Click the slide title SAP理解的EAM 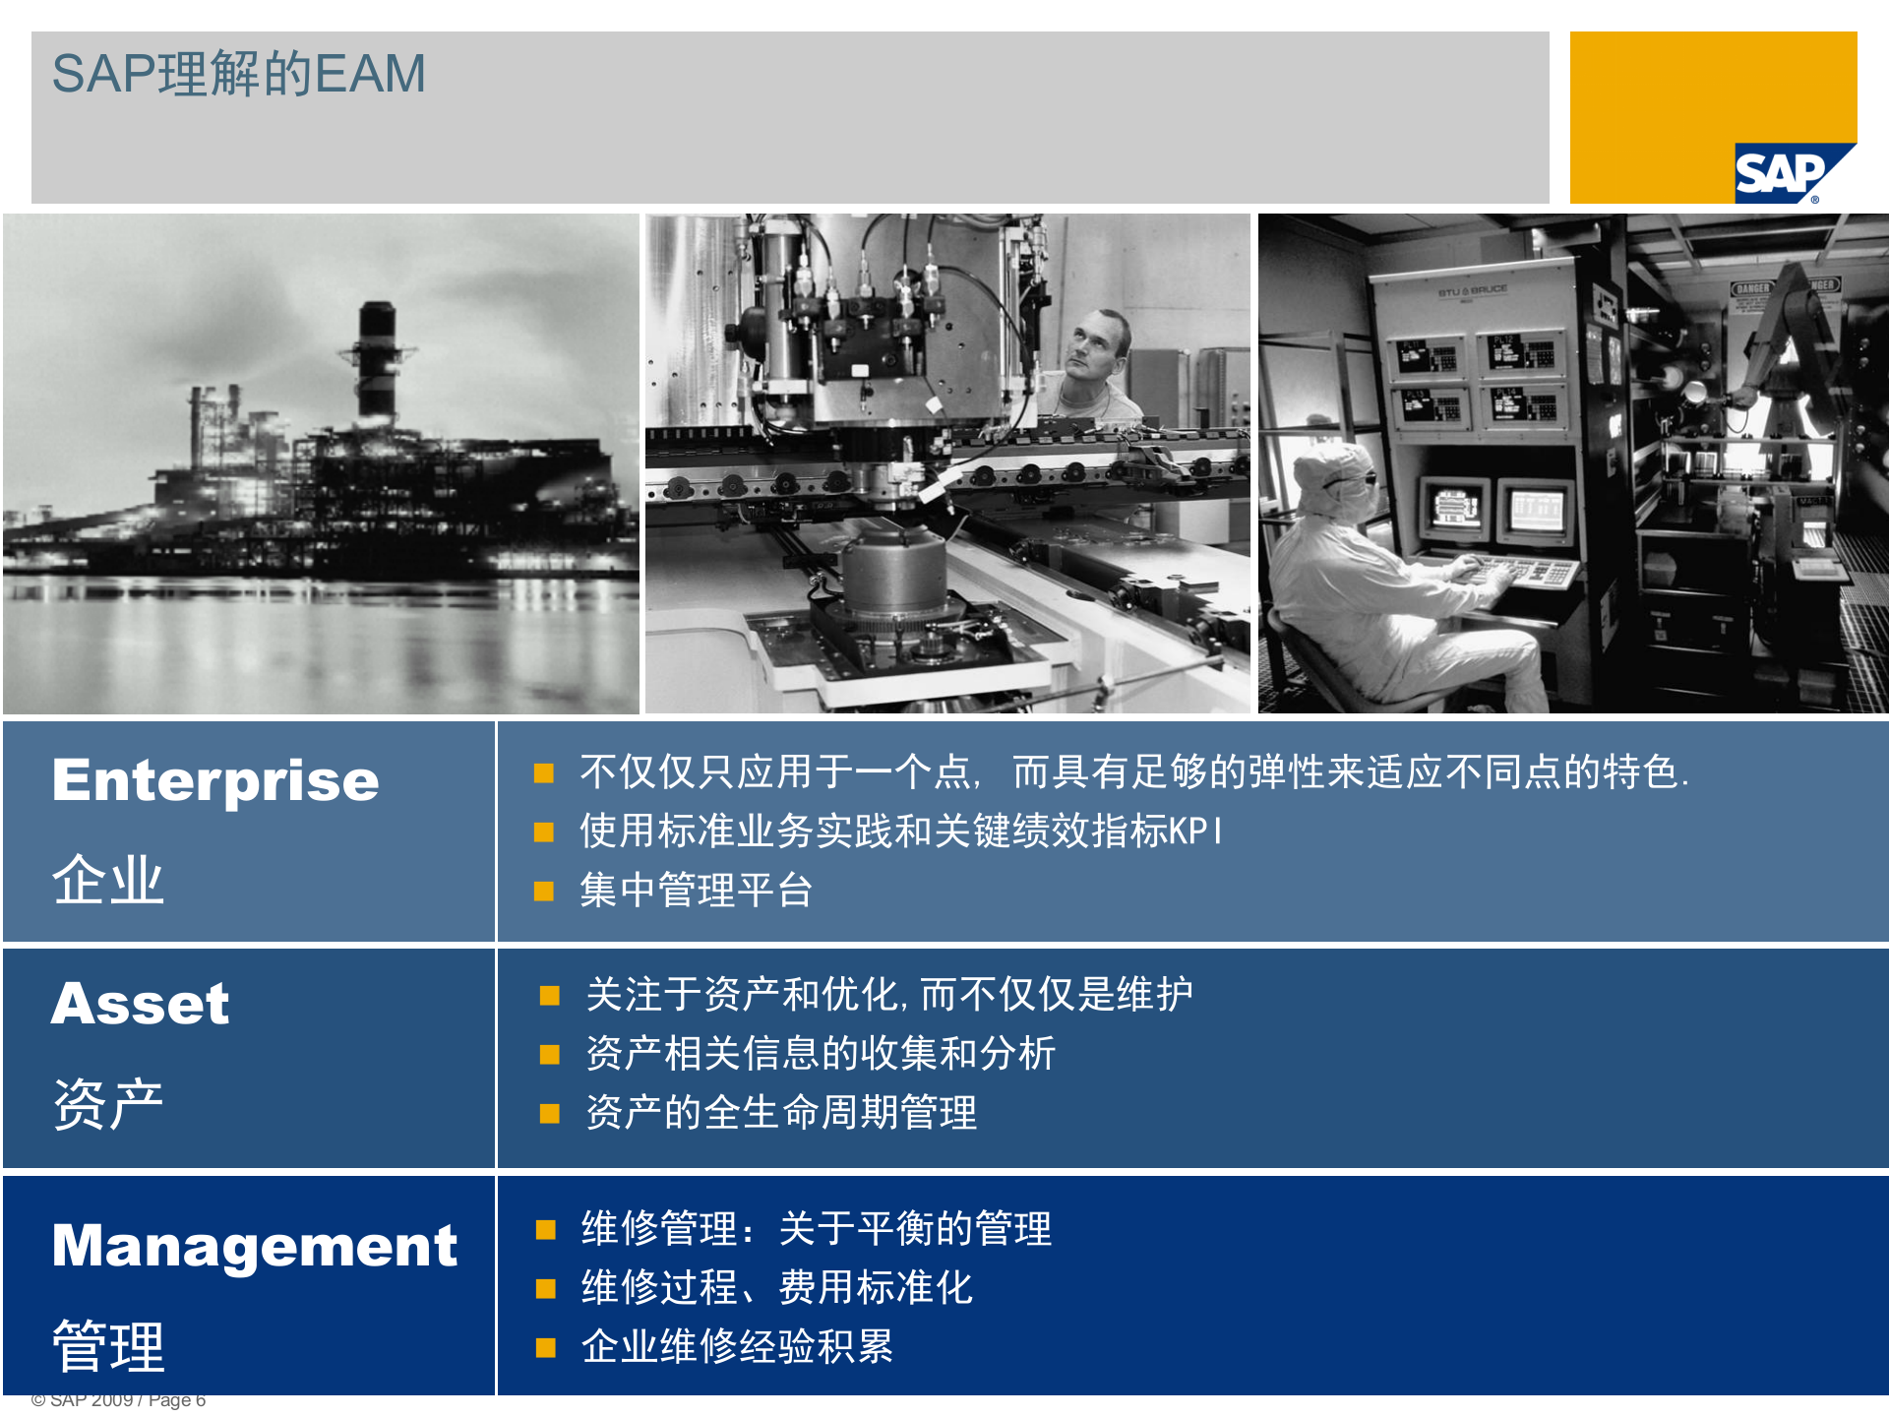tap(239, 74)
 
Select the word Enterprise tap(215, 781)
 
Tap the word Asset tap(141, 1004)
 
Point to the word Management tap(255, 1246)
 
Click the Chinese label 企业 tap(108, 880)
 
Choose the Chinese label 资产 tap(108, 1103)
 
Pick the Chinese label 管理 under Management tap(108, 1345)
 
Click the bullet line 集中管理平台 tap(696, 891)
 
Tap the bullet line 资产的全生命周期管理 tap(781, 1113)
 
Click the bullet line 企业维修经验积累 tap(737, 1346)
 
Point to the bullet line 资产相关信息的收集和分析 tap(821, 1054)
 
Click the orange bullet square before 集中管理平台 tap(544, 892)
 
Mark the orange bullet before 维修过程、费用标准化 tap(546, 1289)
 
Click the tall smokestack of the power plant tap(377, 359)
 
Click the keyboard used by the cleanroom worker tap(1520, 571)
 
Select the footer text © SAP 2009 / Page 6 tap(118, 1400)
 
